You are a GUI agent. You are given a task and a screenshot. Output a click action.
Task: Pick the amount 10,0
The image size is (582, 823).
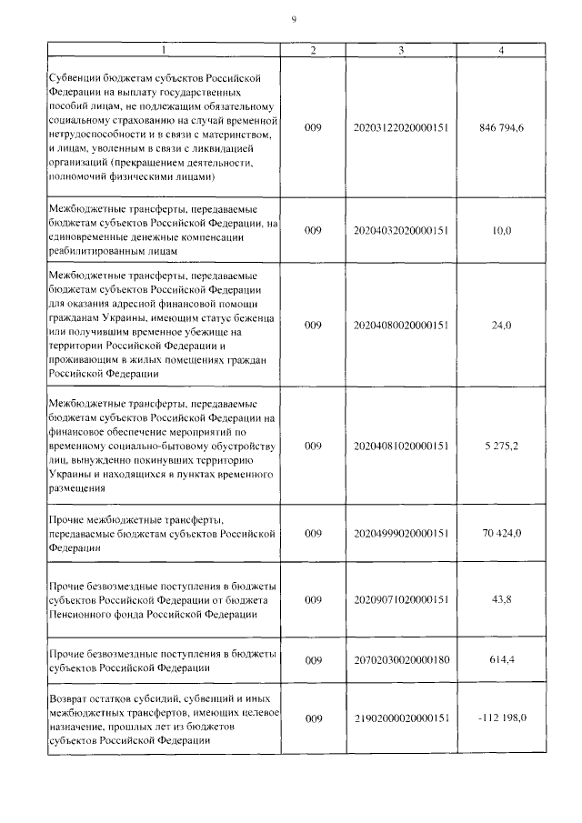[501, 231]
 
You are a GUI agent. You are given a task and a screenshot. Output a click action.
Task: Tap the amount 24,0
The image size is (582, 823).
[501, 325]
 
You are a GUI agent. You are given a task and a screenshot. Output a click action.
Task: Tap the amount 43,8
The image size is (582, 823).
[501, 600]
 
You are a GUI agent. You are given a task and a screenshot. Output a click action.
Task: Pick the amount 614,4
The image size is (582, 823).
[501, 659]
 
